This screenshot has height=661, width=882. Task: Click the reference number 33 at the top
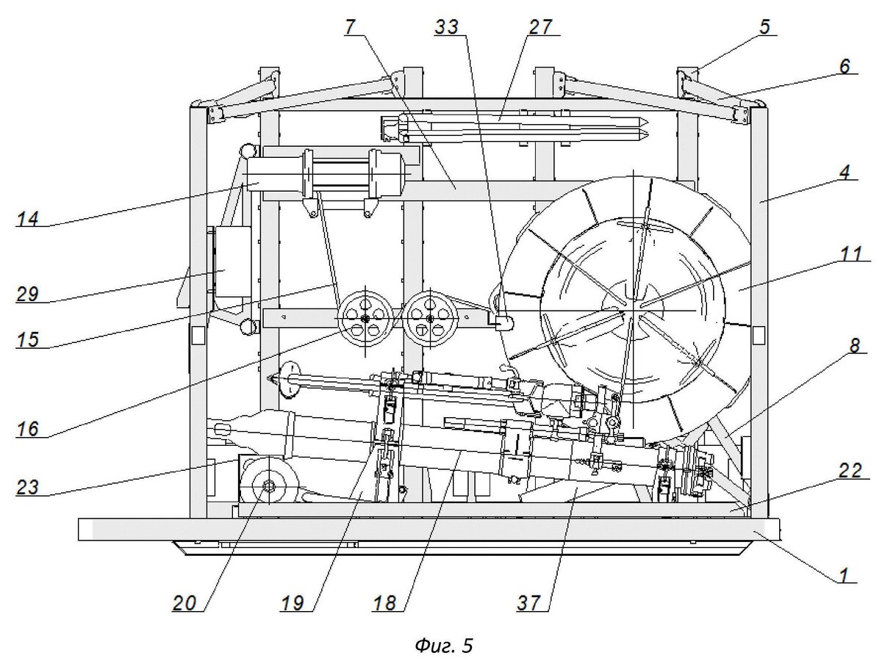pyautogui.click(x=447, y=27)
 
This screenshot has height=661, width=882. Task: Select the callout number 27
pyautogui.click(x=540, y=27)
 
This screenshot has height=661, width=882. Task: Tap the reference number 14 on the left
pyautogui.click(x=28, y=219)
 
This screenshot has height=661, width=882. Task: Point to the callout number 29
pyautogui.click(x=28, y=295)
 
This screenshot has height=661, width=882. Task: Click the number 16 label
pyautogui.click(x=28, y=429)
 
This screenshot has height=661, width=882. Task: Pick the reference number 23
pyautogui.click(x=28, y=487)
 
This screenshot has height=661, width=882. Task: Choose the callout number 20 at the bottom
pyautogui.click(x=184, y=603)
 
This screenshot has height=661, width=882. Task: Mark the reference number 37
pyautogui.click(x=529, y=603)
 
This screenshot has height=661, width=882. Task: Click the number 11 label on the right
pyautogui.click(x=850, y=253)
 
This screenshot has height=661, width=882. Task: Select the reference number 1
pyautogui.click(x=845, y=575)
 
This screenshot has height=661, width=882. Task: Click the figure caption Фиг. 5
pyautogui.click(x=444, y=646)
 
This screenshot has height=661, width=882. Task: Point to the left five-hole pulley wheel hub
pyautogui.click(x=365, y=318)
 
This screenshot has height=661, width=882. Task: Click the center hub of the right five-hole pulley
pyautogui.click(x=431, y=318)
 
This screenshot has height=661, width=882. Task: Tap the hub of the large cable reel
pyautogui.click(x=633, y=310)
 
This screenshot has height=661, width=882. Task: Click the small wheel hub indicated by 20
pyautogui.click(x=268, y=485)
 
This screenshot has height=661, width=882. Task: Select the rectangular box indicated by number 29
pyautogui.click(x=233, y=262)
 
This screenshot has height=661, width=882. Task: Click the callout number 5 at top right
pyautogui.click(x=764, y=27)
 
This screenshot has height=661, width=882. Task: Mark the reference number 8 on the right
pyautogui.click(x=855, y=345)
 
